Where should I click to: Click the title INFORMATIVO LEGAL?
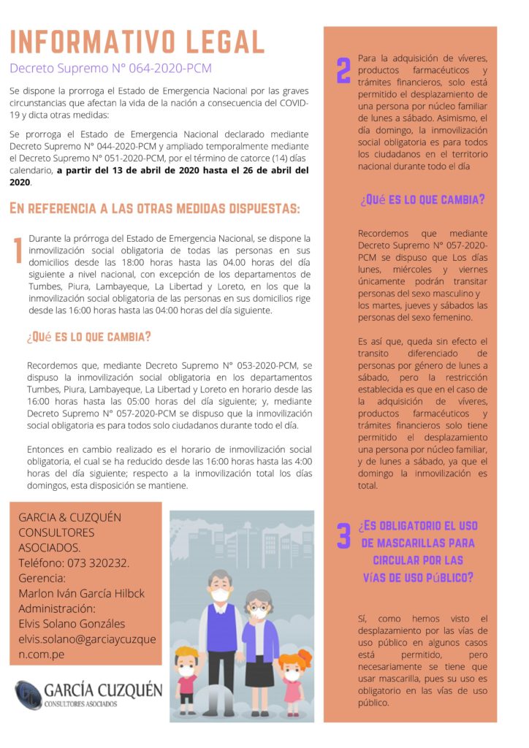point(137,42)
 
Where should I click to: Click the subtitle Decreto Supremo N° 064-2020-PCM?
point(110,69)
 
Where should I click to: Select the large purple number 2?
point(343,71)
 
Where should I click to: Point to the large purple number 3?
point(343,535)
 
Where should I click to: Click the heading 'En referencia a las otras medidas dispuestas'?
point(154,209)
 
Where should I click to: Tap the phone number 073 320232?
point(98,562)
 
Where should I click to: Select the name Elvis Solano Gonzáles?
point(72,623)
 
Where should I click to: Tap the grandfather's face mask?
point(220,595)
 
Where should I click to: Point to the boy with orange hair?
point(187,673)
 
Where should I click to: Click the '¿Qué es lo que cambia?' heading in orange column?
point(422,199)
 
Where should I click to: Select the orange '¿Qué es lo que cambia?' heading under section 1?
point(88,337)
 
